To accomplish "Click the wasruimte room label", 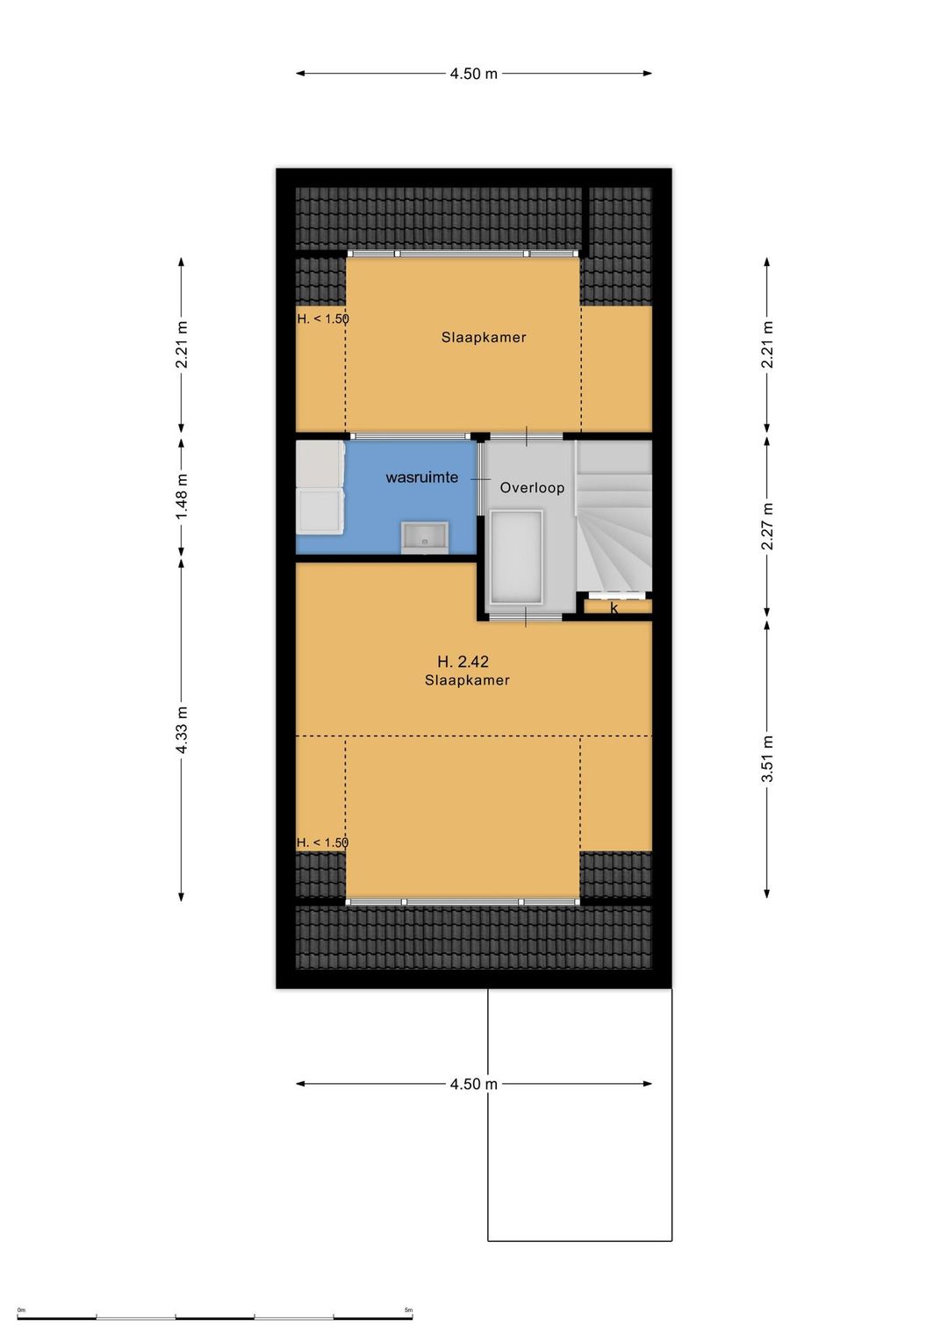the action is tap(421, 477).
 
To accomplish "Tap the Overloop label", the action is tap(532, 487).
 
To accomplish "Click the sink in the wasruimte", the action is tap(425, 536).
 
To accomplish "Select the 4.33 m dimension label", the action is tap(182, 728).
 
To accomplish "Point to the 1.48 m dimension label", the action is tap(182, 496).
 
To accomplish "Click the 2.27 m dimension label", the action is tap(766, 527).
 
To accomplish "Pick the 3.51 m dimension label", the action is tap(766, 758).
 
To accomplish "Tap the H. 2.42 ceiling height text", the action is tap(463, 662).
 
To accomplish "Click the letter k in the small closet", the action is tap(614, 608).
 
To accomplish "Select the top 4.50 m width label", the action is tap(474, 74).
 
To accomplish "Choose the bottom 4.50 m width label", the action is tap(474, 1084).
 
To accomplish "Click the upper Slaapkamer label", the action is tap(484, 337).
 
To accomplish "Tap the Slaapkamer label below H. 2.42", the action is tap(467, 680).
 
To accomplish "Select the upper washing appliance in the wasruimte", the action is tap(320, 464).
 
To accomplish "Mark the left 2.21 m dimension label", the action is tap(182, 345).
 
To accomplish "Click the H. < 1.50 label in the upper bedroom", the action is tap(323, 319).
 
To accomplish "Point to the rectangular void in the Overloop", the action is tap(516, 557).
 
